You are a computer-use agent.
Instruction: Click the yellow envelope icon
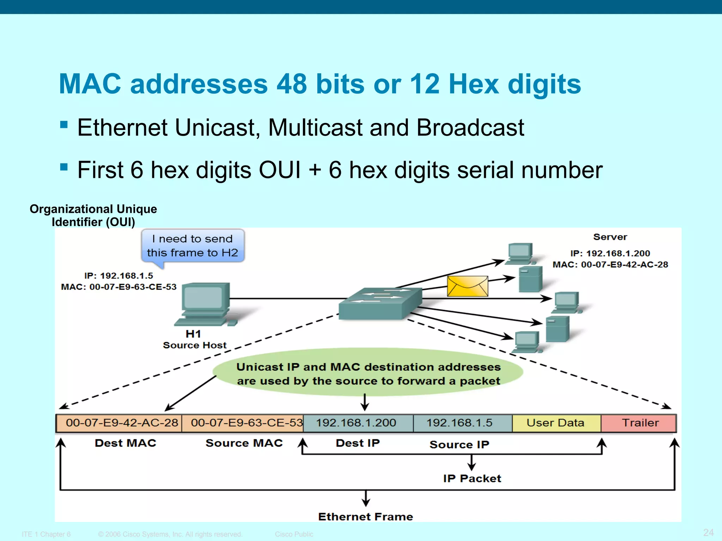click(x=467, y=286)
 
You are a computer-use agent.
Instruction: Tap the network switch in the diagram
click(x=380, y=304)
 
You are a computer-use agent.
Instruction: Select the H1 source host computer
click(x=206, y=304)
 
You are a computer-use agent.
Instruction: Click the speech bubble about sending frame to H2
click(x=192, y=246)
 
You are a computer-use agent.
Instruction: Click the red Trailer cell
click(x=639, y=423)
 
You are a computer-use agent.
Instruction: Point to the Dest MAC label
click(x=126, y=443)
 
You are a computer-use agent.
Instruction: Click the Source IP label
click(x=459, y=444)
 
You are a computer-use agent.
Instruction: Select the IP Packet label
click(x=472, y=478)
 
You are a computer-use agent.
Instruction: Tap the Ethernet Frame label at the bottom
click(x=365, y=517)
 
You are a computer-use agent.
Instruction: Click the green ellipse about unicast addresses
click(x=368, y=373)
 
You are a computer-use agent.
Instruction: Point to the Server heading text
click(x=610, y=237)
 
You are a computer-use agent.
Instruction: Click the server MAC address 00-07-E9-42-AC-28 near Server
click(x=624, y=265)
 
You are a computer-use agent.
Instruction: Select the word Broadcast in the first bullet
click(x=470, y=128)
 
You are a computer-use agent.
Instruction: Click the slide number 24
click(x=708, y=532)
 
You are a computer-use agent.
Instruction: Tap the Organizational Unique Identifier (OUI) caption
click(x=93, y=216)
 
